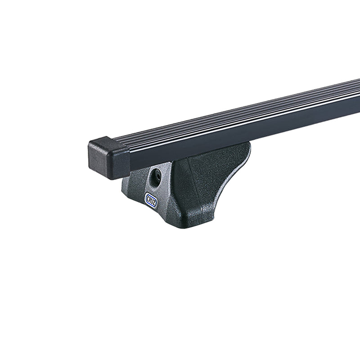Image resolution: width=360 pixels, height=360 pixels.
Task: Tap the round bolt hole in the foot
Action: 156,177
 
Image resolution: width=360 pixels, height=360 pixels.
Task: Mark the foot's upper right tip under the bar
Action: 245,146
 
